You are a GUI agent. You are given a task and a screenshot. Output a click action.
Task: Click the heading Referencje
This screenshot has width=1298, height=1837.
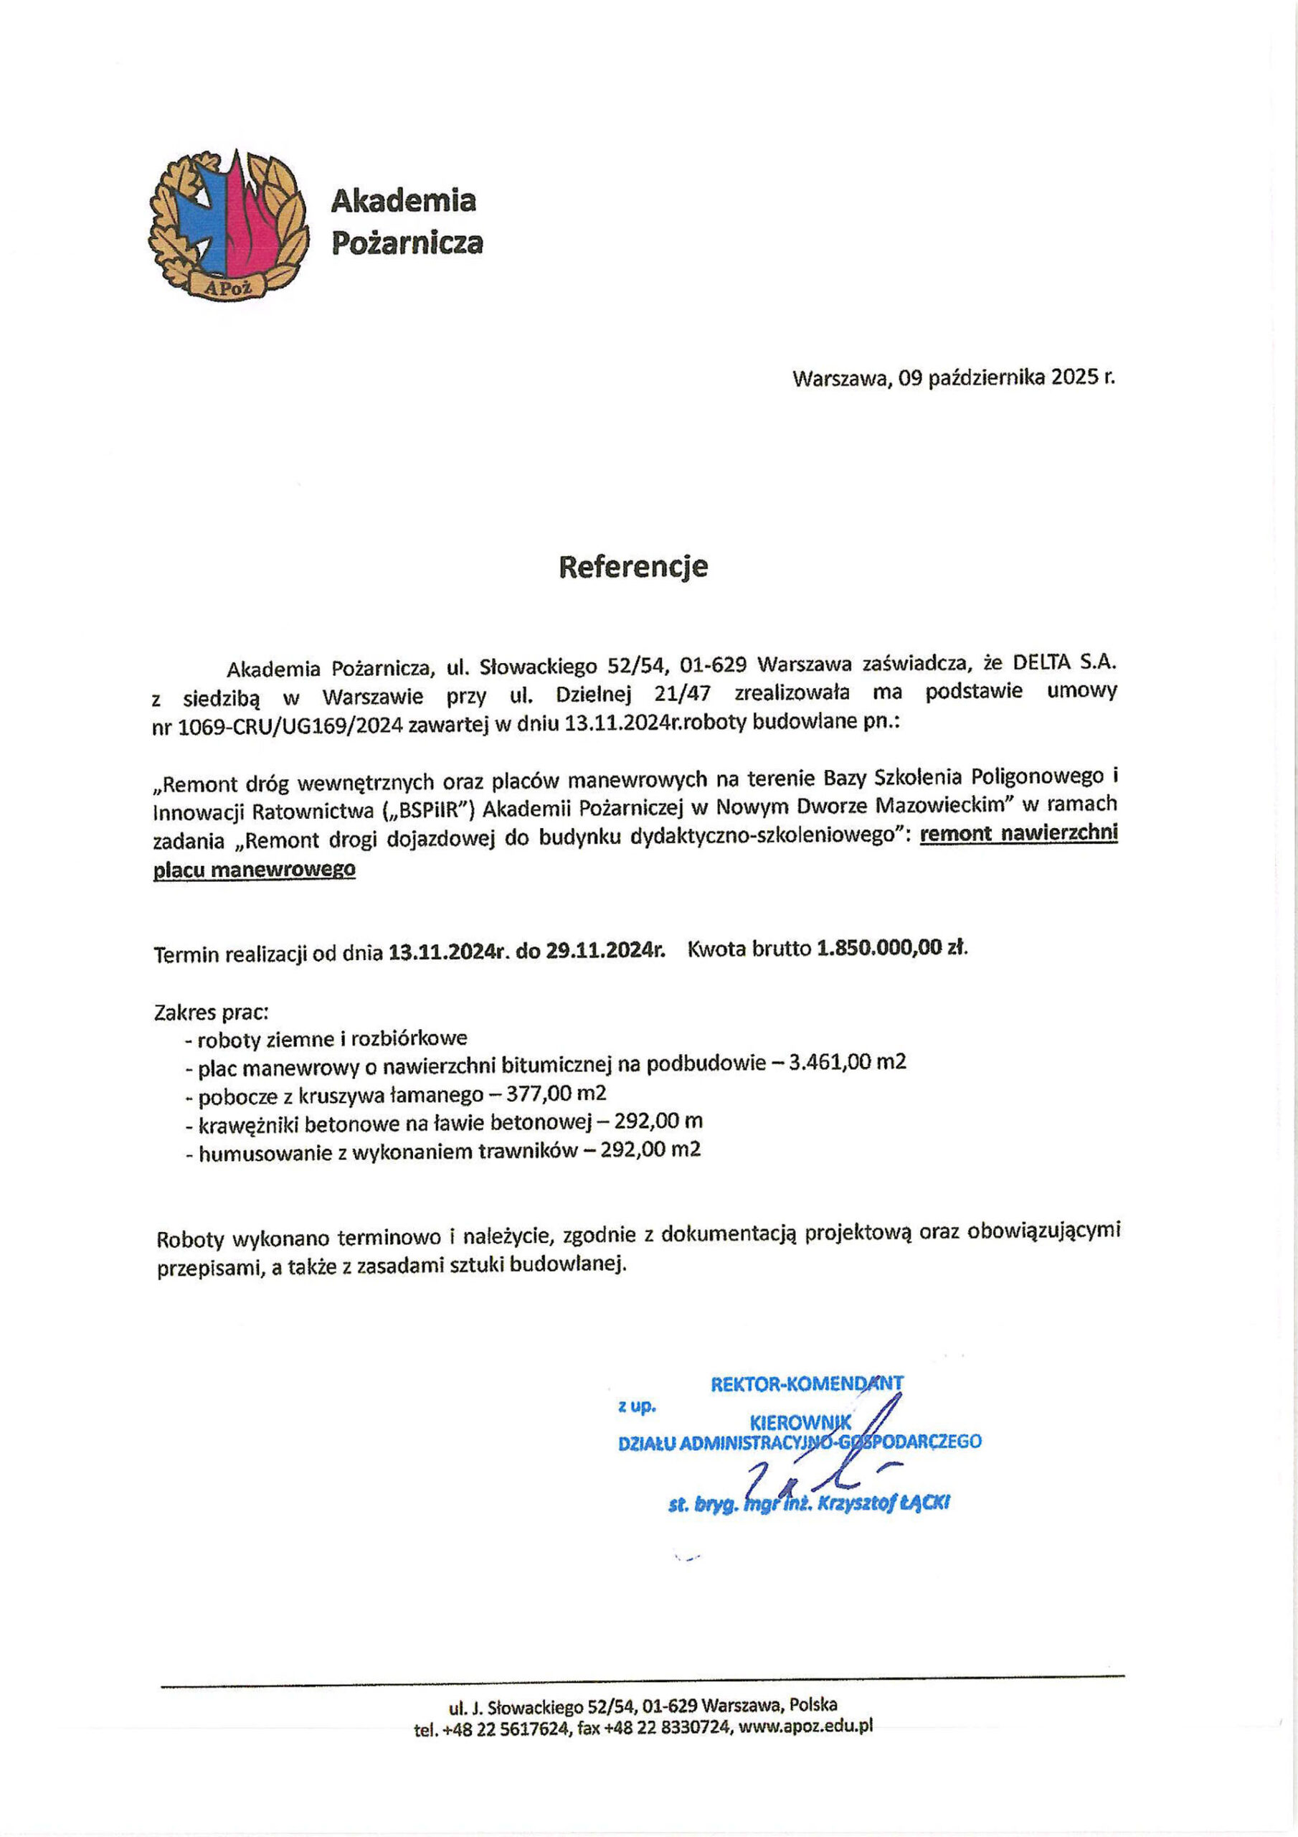pos(633,566)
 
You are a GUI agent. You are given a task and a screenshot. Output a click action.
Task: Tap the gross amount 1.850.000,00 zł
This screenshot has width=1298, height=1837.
pos(891,949)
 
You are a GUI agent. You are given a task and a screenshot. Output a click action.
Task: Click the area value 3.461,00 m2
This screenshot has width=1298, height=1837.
pos(847,1063)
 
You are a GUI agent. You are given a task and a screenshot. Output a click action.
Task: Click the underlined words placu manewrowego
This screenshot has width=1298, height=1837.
pos(254,870)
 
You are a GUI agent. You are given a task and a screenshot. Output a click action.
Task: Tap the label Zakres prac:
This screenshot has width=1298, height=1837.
pos(211,1012)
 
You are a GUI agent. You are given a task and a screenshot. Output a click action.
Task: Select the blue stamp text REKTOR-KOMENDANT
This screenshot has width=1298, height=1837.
pos(806,1383)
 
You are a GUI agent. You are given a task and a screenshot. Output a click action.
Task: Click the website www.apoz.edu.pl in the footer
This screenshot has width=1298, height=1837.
pos(805,1726)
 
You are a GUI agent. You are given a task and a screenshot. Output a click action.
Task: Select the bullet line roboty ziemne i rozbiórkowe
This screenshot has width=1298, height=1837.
pos(332,1039)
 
